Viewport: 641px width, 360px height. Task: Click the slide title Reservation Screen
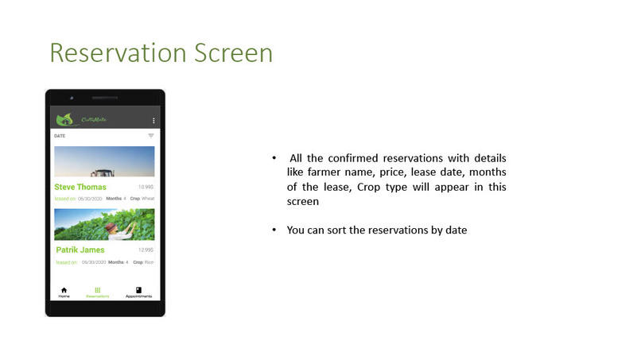pos(161,53)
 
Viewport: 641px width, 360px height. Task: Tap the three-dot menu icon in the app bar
pos(153,120)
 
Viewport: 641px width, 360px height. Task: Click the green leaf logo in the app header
pos(64,119)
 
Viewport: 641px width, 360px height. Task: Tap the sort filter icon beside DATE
pos(151,136)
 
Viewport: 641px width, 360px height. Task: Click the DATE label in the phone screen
pos(60,136)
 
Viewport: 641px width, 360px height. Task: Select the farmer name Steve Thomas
pos(80,188)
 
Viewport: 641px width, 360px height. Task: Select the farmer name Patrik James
pos(80,250)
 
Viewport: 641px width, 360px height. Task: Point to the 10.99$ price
pos(146,188)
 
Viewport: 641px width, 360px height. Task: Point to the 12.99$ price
pos(146,250)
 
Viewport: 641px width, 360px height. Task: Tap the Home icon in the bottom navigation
pos(64,290)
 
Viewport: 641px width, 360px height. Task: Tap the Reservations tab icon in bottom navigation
pos(97,290)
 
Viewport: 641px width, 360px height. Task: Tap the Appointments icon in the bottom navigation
pos(138,290)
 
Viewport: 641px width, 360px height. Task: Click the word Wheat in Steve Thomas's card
pos(148,198)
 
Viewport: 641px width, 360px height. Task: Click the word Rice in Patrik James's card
pos(149,261)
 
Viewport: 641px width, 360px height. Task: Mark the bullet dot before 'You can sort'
pos(274,230)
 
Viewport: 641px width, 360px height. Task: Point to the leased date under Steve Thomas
pos(91,198)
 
